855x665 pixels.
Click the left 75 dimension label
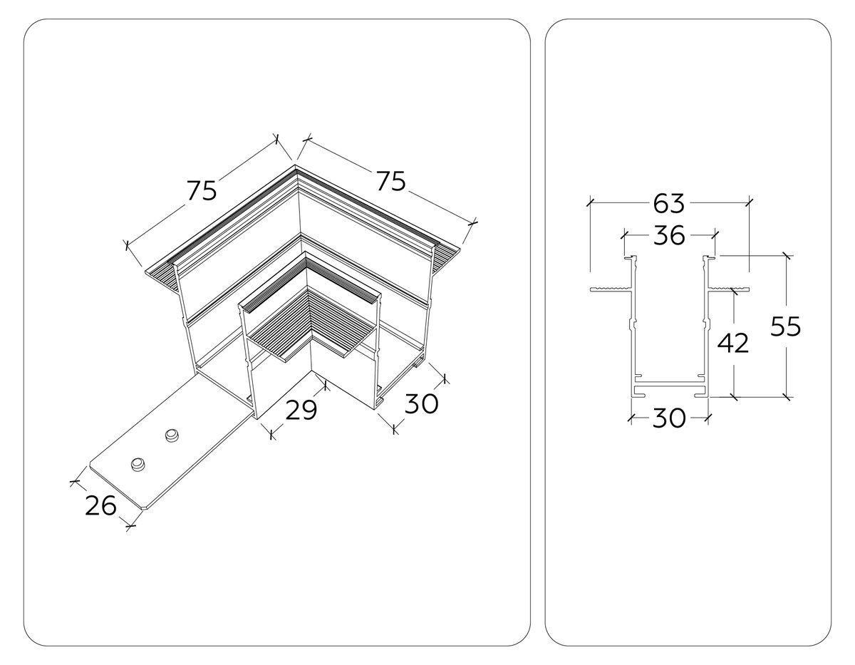pyautogui.click(x=202, y=190)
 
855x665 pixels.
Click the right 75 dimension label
pyautogui.click(x=391, y=181)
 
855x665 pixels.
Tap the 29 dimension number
pyautogui.click(x=301, y=411)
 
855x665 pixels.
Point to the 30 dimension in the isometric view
pyautogui.click(x=421, y=403)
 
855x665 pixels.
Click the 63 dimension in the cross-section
pyautogui.click(x=668, y=203)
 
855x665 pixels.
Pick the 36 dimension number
pyautogui.click(x=668, y=234)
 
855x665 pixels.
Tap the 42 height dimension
pyautogui.click(x=733, y=344)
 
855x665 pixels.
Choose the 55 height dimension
pyautogui.click(x=786, y=326)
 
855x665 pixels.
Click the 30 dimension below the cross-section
pyautogui.click(x=668, y=418)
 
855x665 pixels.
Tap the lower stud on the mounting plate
pyautogui.click(x=137, y=464)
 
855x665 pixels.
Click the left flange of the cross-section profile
pyautogui.click(x=610, y=289)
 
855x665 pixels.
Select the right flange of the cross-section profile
pyautogui.click(x=729, y=289)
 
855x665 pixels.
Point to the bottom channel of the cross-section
pyautogui.click(x=669, y=391)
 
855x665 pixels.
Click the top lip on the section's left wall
pyautogui.click(x=628, y=258)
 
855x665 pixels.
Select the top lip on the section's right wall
pyautogui.click(x=710, y=258)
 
